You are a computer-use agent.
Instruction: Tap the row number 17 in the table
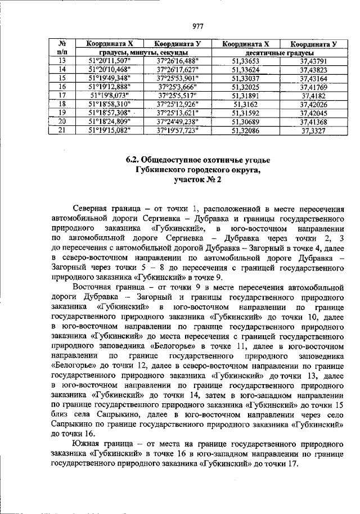[62, 96]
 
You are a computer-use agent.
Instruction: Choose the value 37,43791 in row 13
[313, 61]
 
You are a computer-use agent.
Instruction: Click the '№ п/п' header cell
[62, 47]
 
